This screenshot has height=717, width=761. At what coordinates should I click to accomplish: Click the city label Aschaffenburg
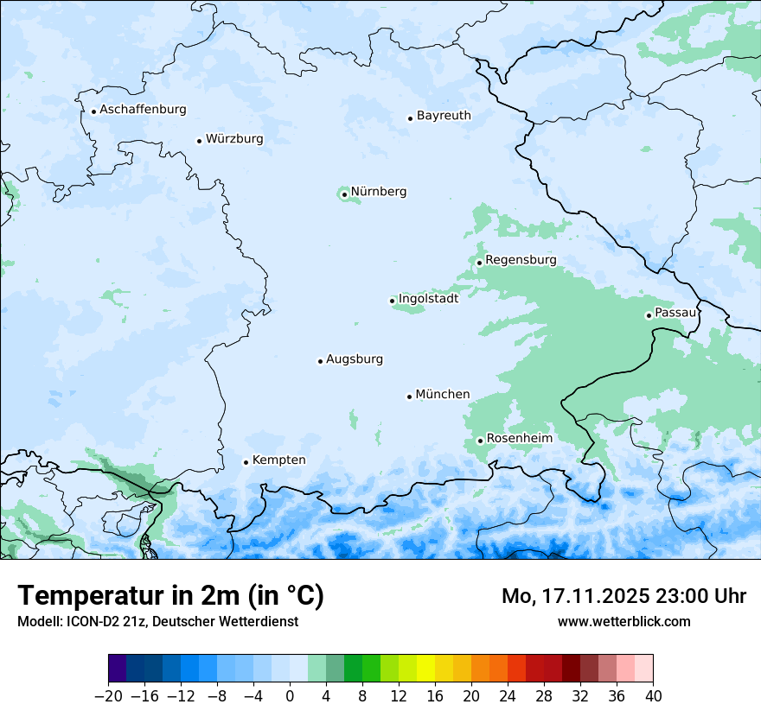pyautogui.click(x=143, y=110)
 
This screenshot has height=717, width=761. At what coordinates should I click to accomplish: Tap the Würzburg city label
pyautogui.click(x=234, y=139)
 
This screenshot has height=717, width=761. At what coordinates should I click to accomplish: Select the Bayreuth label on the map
pyautogui.click(x=444, y=116)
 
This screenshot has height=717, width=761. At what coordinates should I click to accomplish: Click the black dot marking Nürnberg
pyautogui.click(x=344, y=194)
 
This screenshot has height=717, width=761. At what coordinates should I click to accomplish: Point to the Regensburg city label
pyautogui.click(x=521, y=260)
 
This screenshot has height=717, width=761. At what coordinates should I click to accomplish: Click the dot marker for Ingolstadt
pyautogui.click(x=392, y=301)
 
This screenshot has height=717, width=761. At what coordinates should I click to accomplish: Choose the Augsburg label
pyautogui.click(x=355, y=359)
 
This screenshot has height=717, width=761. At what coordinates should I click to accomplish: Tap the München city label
pyautogui.click(x=443, y=395)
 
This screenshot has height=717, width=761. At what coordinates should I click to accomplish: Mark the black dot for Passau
pyautogui.click(x=649, y=315)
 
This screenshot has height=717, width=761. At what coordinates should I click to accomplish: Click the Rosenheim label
pyautogui.click(x=519, y=439)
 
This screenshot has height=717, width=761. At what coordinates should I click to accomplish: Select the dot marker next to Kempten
pyautogui.click(x=246, y=462)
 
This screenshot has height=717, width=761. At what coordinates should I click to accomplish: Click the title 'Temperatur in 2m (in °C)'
pyautogui.click(x=170, y=595)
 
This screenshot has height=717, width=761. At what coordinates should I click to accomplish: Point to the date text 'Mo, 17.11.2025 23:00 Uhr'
pyautogui.click(x=624, y=596)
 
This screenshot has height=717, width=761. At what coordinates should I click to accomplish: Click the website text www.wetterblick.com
pyautogui.click(x=624, y=621)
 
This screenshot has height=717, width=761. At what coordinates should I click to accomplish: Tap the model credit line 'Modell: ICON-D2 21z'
pyautogui.click(x=157, y=621)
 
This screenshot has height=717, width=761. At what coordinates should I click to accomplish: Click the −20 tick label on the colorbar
pyautogui.click(x=109, y=696)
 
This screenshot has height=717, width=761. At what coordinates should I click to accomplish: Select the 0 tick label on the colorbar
pyautogui.click(x=290, y=696)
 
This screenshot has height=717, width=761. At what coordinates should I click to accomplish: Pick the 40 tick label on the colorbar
pyautogui.click(x=653, y=696)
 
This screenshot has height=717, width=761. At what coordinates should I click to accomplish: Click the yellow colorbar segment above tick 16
pyautogui.click(x=425, y=669)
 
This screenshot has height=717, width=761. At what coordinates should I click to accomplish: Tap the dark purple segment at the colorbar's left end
pyautogui.click(x=118, y=669)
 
